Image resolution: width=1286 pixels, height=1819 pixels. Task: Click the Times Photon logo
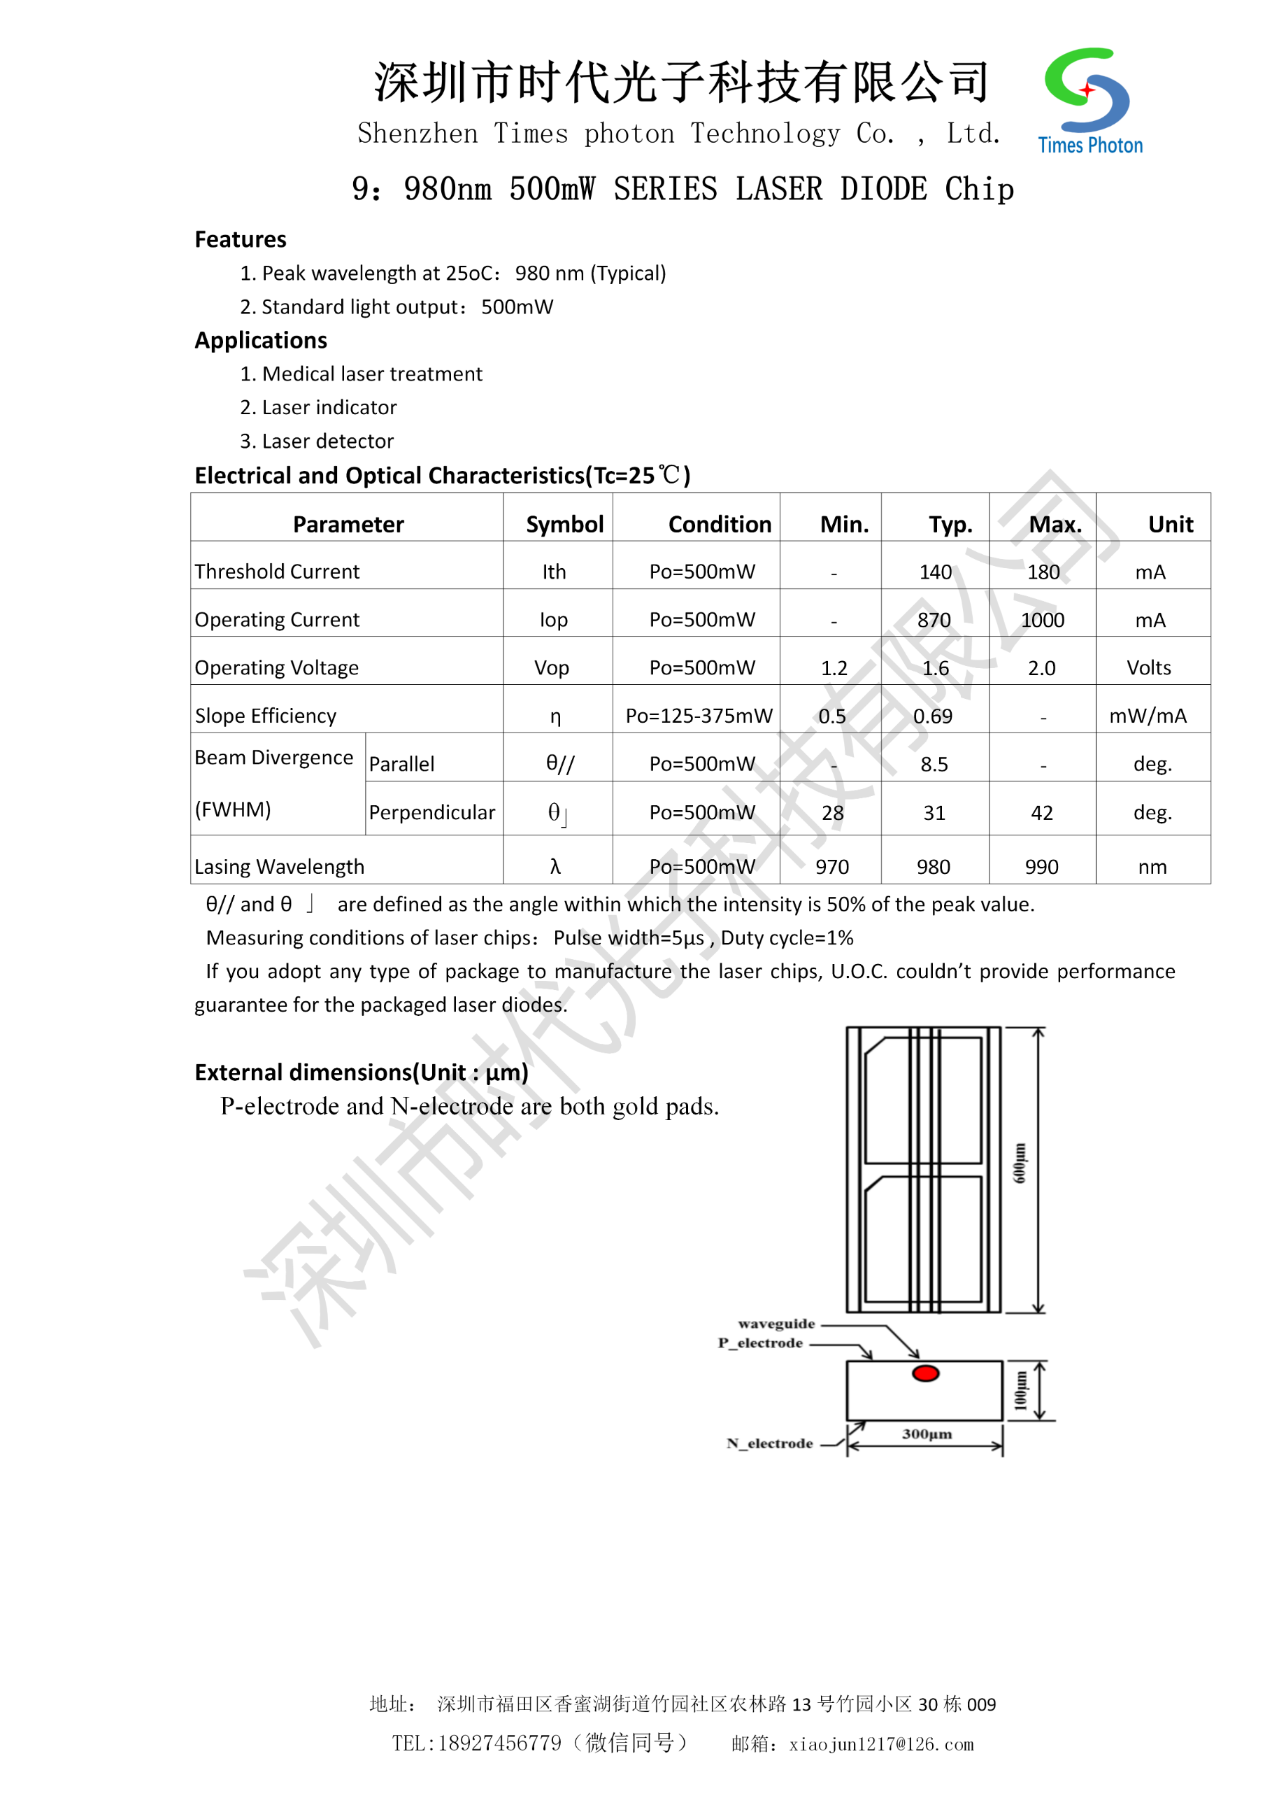1089,101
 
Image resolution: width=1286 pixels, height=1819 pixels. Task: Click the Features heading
240,239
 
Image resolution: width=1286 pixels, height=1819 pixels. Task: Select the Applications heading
261,340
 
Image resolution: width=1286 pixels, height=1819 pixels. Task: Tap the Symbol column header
564,524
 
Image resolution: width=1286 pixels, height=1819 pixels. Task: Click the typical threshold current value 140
935,572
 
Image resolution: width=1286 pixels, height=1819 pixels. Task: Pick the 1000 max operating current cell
1042,620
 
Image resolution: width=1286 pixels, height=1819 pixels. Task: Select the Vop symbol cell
551,668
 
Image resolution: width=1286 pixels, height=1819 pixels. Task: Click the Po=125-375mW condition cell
699,716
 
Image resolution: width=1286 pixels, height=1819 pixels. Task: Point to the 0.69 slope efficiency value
933,716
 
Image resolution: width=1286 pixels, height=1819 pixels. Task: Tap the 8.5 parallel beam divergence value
934,764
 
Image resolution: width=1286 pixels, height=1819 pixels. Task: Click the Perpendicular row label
431,812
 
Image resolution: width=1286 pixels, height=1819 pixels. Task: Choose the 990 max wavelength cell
1041,867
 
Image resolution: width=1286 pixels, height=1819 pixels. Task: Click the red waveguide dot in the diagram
925,1373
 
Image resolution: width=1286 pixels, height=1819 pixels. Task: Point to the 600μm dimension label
1020,1163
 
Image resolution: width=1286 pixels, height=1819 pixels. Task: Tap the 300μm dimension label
927,1434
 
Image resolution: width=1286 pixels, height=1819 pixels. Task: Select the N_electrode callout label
770,1443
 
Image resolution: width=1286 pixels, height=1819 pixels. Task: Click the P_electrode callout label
760,1343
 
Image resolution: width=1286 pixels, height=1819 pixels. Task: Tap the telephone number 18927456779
499,1743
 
